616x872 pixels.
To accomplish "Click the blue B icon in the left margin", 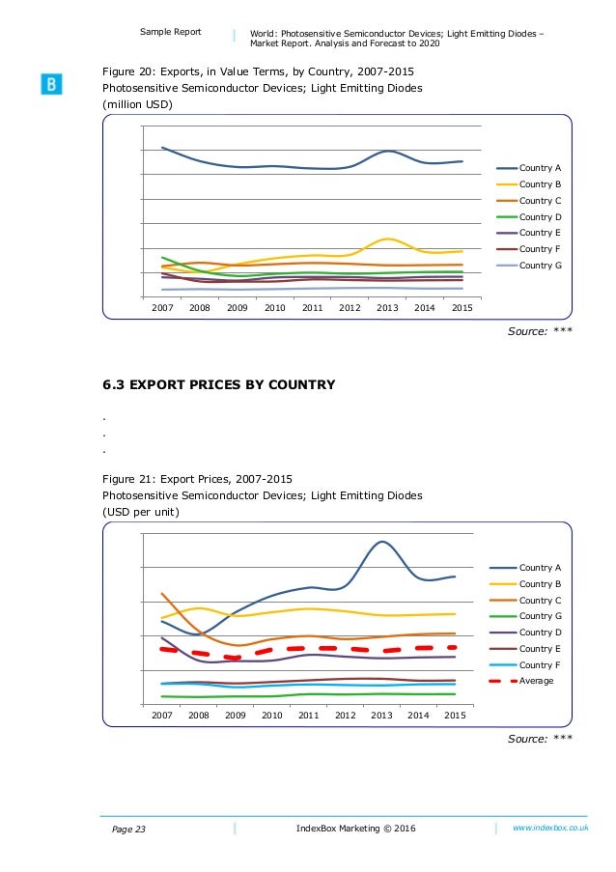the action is point(51,84).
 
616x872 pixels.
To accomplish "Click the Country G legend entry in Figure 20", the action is point(529,266).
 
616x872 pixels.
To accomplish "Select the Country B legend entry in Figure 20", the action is point(529,184).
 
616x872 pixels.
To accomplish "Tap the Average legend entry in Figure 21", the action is point(521,681).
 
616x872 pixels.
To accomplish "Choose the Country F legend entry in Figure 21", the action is point(525,665).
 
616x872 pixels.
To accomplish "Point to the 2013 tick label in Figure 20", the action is point(387,307).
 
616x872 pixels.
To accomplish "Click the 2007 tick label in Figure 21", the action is point(162,716).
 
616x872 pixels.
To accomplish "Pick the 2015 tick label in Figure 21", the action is point(455,716).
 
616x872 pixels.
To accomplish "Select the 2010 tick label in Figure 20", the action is point(274,307).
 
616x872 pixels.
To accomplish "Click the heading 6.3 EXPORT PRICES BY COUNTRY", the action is point(219,385).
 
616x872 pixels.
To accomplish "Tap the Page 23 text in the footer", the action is point(128,830).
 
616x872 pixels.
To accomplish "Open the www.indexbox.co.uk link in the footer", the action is point(550,828).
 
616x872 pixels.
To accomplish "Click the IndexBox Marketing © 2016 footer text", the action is point(356,829).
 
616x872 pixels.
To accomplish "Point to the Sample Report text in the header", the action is point(171,32).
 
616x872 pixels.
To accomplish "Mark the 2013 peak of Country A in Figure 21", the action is point(382,541).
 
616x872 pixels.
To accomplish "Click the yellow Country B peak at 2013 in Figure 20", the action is point(387,239).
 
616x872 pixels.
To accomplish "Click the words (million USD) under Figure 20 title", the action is point(137,104).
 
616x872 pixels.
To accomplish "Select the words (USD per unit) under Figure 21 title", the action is point(141,512).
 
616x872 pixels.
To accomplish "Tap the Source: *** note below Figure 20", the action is point(540,331).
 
